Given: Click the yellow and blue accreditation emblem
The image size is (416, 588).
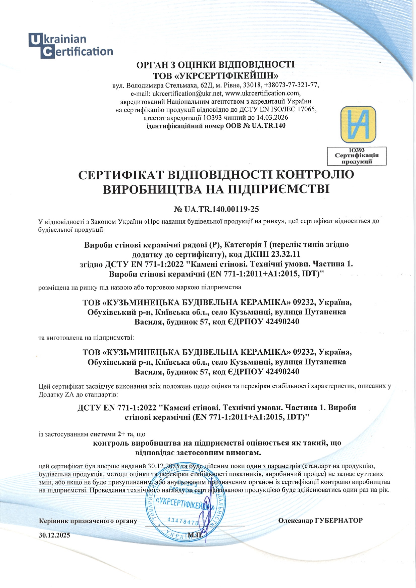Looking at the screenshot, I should [358, 125].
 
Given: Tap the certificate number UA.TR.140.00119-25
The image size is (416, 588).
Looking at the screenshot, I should [221, 210].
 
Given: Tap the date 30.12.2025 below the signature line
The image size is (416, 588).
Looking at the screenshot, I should [54, 535].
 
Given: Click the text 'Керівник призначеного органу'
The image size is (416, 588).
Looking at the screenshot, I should [88, 521].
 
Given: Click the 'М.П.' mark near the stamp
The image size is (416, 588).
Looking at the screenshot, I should [195, 535].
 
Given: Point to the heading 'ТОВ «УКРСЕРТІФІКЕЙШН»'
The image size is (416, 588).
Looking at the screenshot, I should [216, 74].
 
